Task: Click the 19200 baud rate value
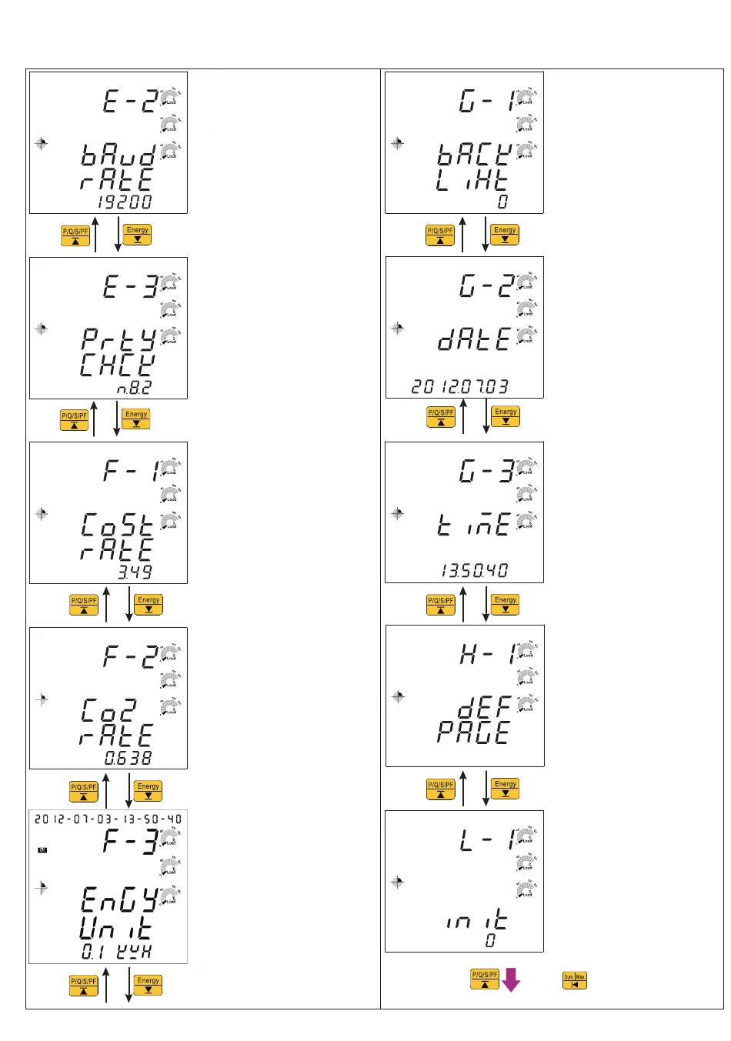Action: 125,202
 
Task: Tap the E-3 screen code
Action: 130,286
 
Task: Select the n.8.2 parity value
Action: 134,388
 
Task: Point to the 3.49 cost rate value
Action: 135,572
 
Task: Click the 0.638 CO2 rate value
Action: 129,758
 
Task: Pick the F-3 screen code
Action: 130,841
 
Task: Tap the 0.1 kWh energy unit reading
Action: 117,952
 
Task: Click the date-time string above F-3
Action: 108,819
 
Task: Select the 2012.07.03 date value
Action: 459,386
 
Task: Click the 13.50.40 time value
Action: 474,571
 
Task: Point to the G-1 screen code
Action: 486,101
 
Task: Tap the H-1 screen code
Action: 486,654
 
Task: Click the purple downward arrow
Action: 510,980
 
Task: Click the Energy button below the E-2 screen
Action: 137,234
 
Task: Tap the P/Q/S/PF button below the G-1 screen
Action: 440,235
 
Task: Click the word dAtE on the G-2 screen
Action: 474,339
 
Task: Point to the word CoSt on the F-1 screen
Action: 118,526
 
